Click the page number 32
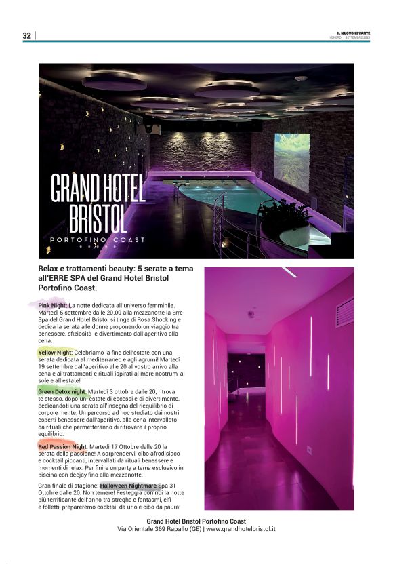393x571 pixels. pos(26,35)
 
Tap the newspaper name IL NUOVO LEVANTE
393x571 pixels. pos(352,33)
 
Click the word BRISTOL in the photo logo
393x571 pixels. pos(98,218)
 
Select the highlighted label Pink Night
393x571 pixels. pos(52,306)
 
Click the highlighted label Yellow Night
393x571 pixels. pos(55,353)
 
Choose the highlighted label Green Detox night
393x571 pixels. pos(62,392)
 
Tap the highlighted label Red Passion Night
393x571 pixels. pos(63,447)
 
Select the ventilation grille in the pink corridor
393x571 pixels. pos(344,311)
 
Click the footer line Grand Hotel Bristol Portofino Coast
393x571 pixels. pos(196,521)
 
